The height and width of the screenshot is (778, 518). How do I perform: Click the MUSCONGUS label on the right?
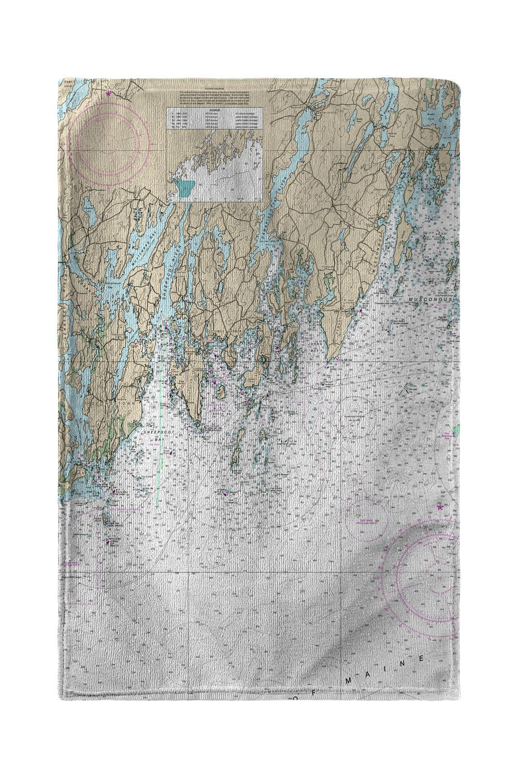pyautogui.click(x=430, y=299)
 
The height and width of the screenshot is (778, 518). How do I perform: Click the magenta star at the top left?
pyautogui.click(x=108, y=94)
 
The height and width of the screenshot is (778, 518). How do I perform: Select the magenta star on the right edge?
pyautogui.click(x=440, y=507)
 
